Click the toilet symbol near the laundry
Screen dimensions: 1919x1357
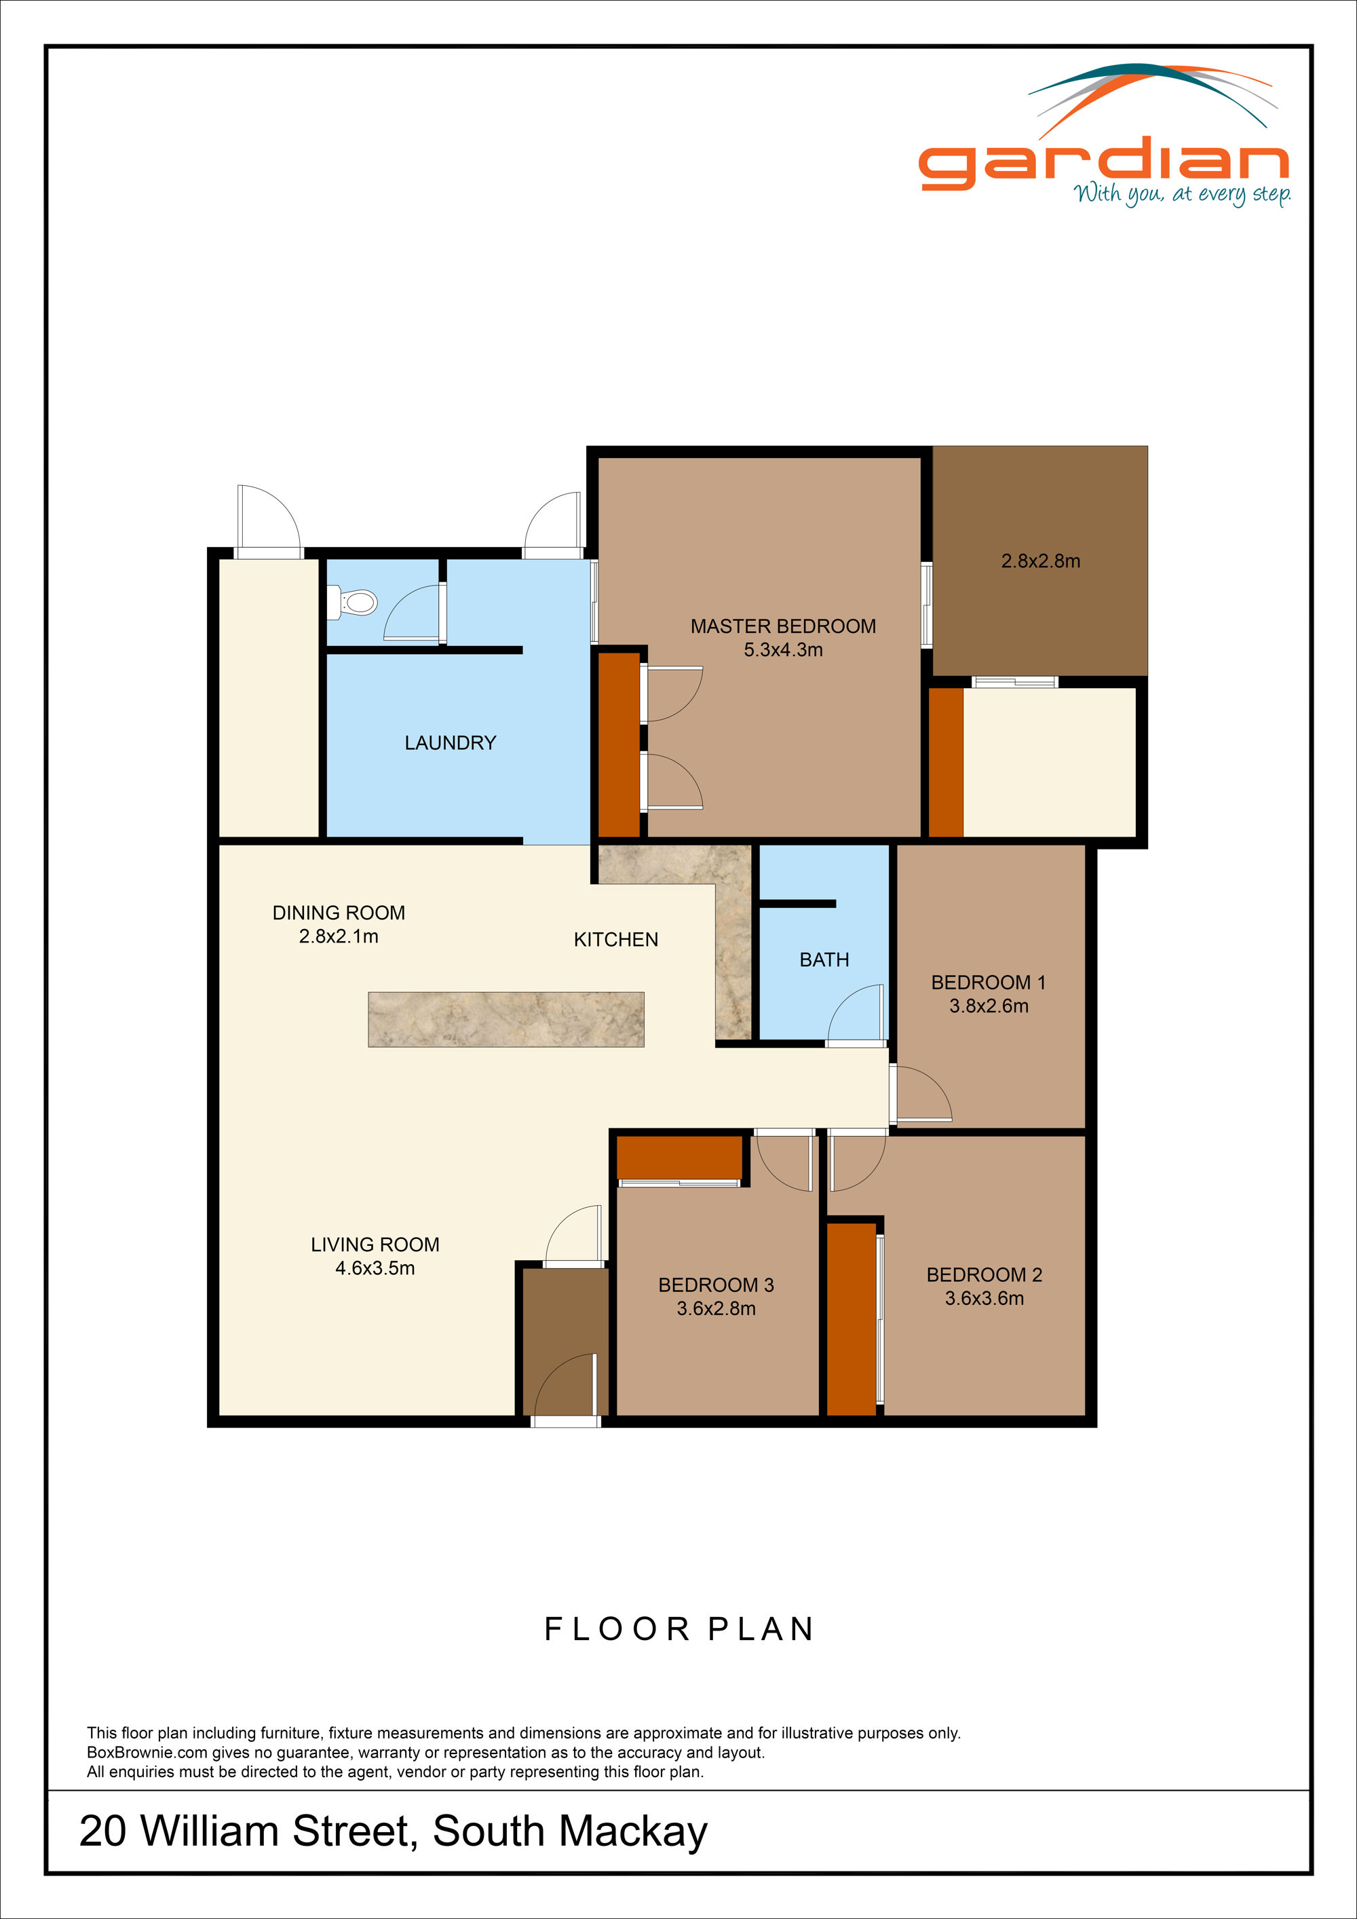pos(354,602)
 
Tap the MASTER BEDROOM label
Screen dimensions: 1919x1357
pos(783,626)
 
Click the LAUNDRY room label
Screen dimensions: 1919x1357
pos(451,743)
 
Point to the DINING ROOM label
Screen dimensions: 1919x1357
pos(339,913)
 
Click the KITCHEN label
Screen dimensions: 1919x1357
pos(616,939)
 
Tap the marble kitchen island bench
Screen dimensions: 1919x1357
pos(505,1019)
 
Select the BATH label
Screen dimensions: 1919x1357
pos(824,959)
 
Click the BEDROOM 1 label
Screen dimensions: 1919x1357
pos(989,982)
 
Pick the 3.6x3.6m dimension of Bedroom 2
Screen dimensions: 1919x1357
pos(985,1298)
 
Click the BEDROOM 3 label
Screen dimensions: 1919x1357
pos(716,1285)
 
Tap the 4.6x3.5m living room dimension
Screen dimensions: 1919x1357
pos(375,1268)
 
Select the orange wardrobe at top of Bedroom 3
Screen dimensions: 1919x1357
pos(679,1157)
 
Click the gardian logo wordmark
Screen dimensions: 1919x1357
pos(1103,163)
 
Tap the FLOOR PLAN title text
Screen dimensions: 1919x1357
pos(678,1629)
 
